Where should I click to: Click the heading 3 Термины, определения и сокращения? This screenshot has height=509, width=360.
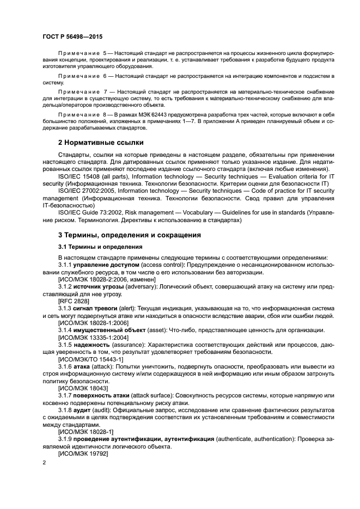pos(122,235)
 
